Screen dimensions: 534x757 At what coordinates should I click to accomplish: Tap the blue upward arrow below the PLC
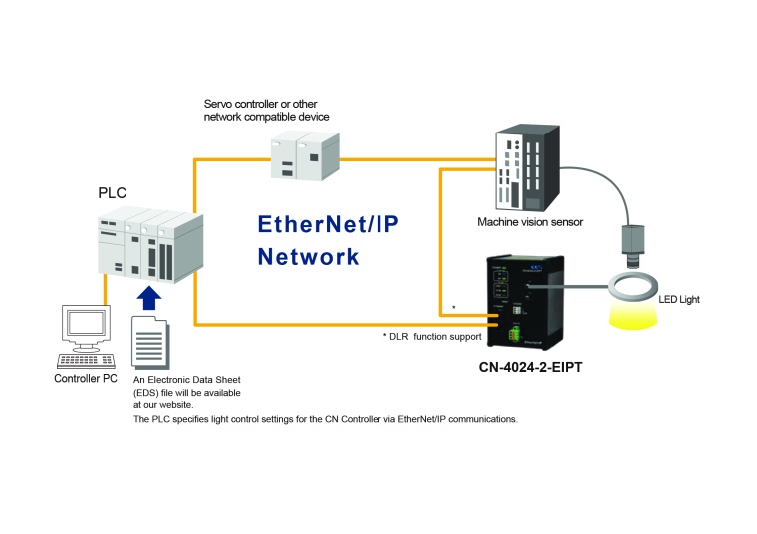[148, 298]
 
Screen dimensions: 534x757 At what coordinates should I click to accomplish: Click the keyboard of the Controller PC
[86, 360]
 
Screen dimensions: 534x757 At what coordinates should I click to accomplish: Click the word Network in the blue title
[308, 256]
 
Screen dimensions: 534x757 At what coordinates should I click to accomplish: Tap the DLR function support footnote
[432, 337]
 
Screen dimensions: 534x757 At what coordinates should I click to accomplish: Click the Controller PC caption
[87, 380]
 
